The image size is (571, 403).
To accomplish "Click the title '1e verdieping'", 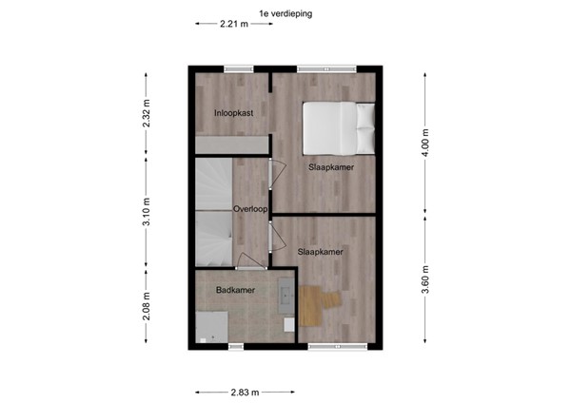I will pyautogui.click(x=285, y=13).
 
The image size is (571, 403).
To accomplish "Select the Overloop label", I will pyautogui.click(x=248, y=207).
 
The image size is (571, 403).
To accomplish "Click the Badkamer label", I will pyautogui.click(x=233, y=290).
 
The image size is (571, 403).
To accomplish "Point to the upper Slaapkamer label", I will pyautogui.click(x=331, y=167).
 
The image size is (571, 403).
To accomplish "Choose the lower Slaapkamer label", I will pyautogui.click(x=320, y=252).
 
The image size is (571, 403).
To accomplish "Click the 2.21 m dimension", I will pyautogui.click(x=232, y=26).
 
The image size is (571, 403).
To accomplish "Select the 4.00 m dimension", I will pyautogui.click(x=425, y=146).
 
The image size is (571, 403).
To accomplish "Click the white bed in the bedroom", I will pyautogui.click(x=338, y=125).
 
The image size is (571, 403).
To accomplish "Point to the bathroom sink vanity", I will pyautogui.click(x=286, y=303).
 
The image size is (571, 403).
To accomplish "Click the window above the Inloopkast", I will pyautogui.click(x=238, y=68).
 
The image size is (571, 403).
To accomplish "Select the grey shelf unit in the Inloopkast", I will pyautogui.click(x=231, y=143).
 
